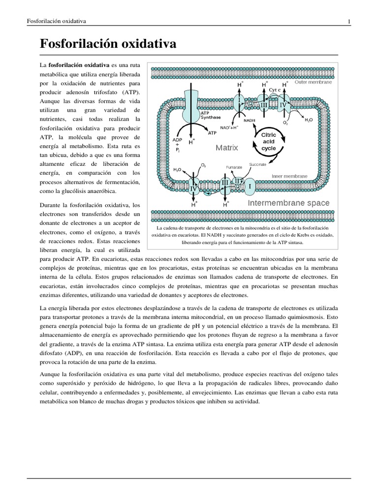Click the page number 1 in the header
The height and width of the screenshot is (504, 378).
coord(349,21)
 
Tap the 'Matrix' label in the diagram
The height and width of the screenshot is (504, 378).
coord(226,147)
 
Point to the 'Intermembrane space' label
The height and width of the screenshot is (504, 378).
coord(289,202)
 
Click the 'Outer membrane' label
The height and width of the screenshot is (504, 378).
coord(313,82)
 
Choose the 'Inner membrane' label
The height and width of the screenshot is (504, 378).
coord(290,176)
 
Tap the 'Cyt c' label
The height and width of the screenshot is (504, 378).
coord(274,90)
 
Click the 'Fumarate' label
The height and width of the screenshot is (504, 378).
coord(234,167)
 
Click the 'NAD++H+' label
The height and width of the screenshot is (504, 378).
coord(229,127)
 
